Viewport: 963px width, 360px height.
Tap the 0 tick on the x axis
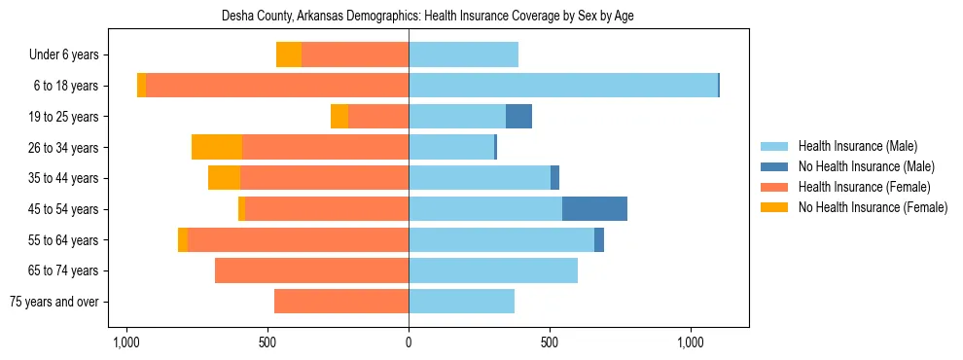pyautogui.click(x=409, y=343)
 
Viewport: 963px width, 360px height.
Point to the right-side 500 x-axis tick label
pyautogui.click(x=550, y=343)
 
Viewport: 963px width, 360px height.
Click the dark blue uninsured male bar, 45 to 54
pyautogui.click(x=594, y=208)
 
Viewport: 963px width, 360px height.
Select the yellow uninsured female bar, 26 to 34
pyautogui.click(x=217, y=147)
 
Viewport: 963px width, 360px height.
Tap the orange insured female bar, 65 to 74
pyautogui.click(x=311, y=270)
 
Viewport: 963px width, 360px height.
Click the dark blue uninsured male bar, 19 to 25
pyautogui.click(x=518, y=116)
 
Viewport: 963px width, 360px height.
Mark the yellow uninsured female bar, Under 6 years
pyautogui.click(x=289, y=54)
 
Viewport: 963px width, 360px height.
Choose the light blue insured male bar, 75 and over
pyautogui.click(x=461, y=302)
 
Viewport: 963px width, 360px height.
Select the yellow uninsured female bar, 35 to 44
pyautogui.click(x=224, y=178)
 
